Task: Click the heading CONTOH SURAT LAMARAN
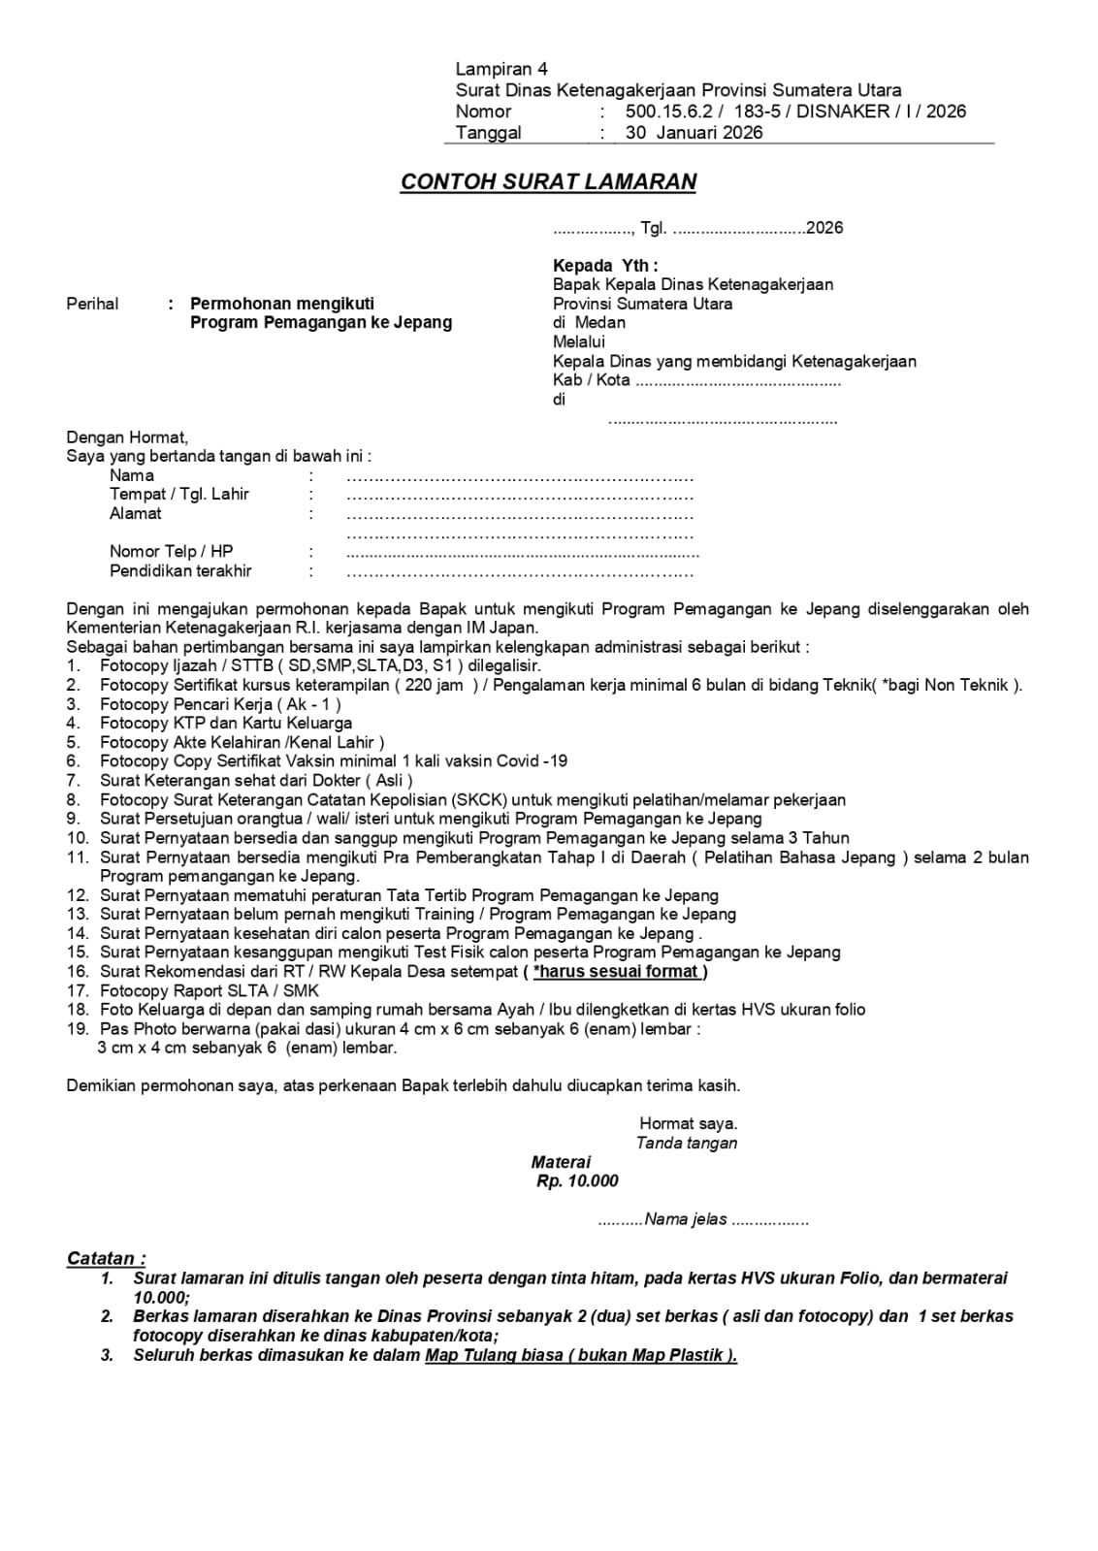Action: (548, 182)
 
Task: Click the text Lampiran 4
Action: (501, 69)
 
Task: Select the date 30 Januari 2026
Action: (694, 133)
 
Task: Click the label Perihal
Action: (92, 304)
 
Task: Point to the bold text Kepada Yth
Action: (605, 266)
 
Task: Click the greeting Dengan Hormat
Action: (127, 437)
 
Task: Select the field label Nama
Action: (132, 475)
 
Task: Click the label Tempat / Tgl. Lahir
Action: (179, 494)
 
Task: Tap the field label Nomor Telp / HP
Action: (172, 552)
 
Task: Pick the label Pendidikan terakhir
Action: (180, 571)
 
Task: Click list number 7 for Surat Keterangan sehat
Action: (73, 781)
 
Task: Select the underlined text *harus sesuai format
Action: (616, 972)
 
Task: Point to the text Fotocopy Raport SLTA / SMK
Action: (210, 990)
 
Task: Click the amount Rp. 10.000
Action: (577, 1181)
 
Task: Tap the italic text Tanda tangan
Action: (687, 1143)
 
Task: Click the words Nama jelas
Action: (686, 1219)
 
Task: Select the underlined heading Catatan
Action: (106, 1259)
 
